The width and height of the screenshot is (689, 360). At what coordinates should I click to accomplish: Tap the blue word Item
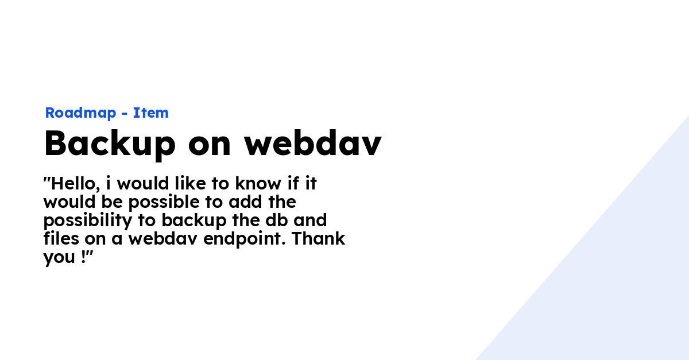pos(151,113)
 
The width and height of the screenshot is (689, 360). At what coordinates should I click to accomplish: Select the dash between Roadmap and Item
pos(125,114)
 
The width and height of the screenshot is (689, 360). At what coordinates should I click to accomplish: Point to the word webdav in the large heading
pos(313,144)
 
